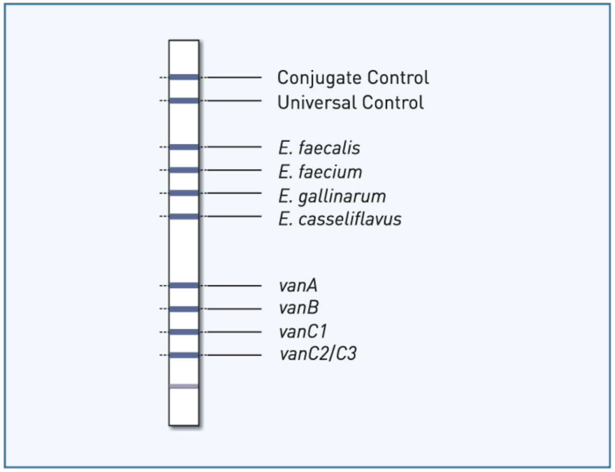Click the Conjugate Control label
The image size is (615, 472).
coord(353,78)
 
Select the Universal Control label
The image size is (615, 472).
coord(350,102)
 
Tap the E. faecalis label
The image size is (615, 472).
coord(319,148)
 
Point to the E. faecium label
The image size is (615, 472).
coord(320,172)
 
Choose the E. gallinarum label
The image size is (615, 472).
coord(332,196)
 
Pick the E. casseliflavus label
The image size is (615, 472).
coord(340,219)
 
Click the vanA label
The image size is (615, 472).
coord(298,285)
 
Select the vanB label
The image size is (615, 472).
coord(299,307)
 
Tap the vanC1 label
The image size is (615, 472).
coord(303,331)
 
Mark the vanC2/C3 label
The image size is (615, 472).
coord(318,354)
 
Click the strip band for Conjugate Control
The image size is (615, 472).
coord(184,77)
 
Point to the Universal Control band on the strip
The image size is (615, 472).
coord(184,101)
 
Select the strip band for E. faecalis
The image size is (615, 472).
coord(184,147)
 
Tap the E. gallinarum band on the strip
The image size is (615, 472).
coord(184,193)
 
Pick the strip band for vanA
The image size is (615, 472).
coord(184,286)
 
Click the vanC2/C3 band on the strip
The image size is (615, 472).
coord(184,355)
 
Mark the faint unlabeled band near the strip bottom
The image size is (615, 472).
coord(184,386)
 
